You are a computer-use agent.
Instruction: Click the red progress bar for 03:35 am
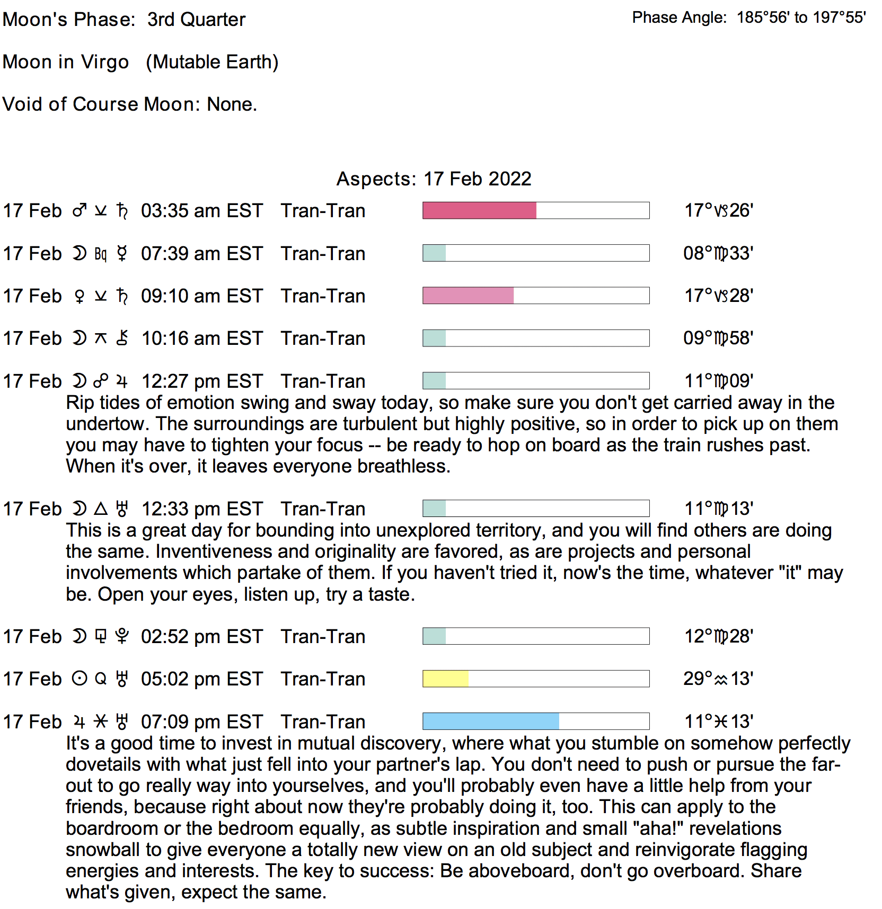click(x=479, y=210)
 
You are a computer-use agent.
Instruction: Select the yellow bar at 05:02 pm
click(x=445, y=679)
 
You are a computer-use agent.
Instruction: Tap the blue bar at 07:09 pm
click(x=490, y=721)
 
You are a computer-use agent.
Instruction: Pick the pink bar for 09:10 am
click(x=468, y=296)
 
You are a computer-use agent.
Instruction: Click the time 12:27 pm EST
click(x=202, y=381)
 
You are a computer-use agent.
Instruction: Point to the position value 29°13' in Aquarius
click(x=718, y=679)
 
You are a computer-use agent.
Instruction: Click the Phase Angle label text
click(x=679, y=17)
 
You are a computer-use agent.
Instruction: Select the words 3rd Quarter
click(x=196, y=20)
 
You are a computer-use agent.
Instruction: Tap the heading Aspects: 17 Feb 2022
click(x=434, y=179)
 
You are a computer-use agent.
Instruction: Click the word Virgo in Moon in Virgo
click(x=105, y=62)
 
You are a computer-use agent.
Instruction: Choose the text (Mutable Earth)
click(x=212, y=62)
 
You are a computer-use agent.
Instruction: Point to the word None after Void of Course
click(x=231, y=104)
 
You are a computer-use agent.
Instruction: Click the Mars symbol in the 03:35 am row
click(x=80, y=211)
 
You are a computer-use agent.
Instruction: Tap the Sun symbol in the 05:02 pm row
click(x=80, y=679)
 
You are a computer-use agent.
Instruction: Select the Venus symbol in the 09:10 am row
click(x=80, y=296)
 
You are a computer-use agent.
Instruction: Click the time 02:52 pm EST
click(x=202, y=637)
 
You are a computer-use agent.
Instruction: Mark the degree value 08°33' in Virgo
click(x=718, y=253)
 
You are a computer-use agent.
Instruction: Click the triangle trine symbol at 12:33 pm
click(x=101, y=509)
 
